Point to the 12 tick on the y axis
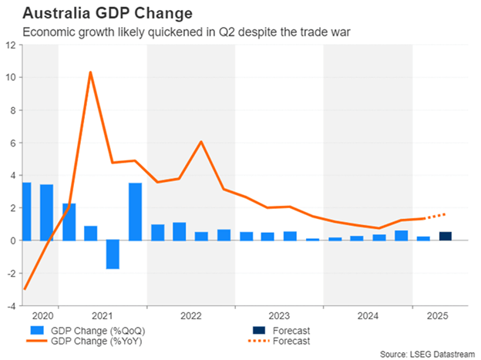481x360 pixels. tap(11, 45)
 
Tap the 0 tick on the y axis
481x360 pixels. tap(12, 241)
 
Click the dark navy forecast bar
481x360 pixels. tap(446, 236)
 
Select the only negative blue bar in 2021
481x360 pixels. tap(113, 254)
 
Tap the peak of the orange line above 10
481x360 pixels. tap(91, 72)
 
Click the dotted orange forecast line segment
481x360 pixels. tap(436, 217)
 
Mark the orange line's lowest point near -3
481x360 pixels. tap(25, 289)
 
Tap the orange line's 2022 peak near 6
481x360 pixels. tap(201, 142)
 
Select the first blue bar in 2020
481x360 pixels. tap(26, 211)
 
